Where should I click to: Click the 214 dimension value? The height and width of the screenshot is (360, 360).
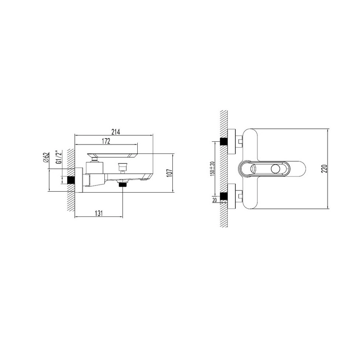[116, 132]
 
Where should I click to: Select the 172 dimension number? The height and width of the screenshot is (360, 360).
[106, 141]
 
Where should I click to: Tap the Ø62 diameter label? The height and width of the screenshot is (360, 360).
[46, 158]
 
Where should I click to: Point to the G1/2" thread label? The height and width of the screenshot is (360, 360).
[59, 157]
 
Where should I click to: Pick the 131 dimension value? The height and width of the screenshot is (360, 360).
[99, 213]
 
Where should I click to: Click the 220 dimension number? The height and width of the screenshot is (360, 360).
[324, 169]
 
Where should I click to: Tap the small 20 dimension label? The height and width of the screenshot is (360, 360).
[215, 200]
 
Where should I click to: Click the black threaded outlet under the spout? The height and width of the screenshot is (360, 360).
[123, 184]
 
